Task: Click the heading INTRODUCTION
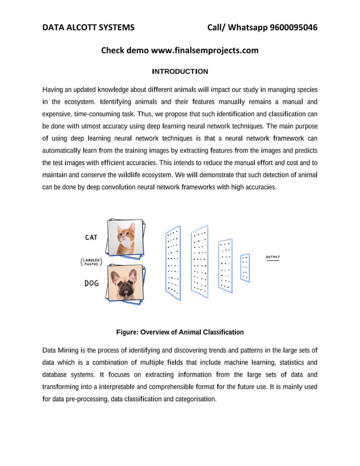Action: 180,72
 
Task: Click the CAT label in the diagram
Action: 91,238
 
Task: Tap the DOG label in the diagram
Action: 91,283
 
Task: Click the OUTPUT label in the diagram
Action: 273,257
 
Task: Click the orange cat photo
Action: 126,237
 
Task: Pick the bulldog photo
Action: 124,282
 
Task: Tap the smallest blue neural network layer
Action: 245,268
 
